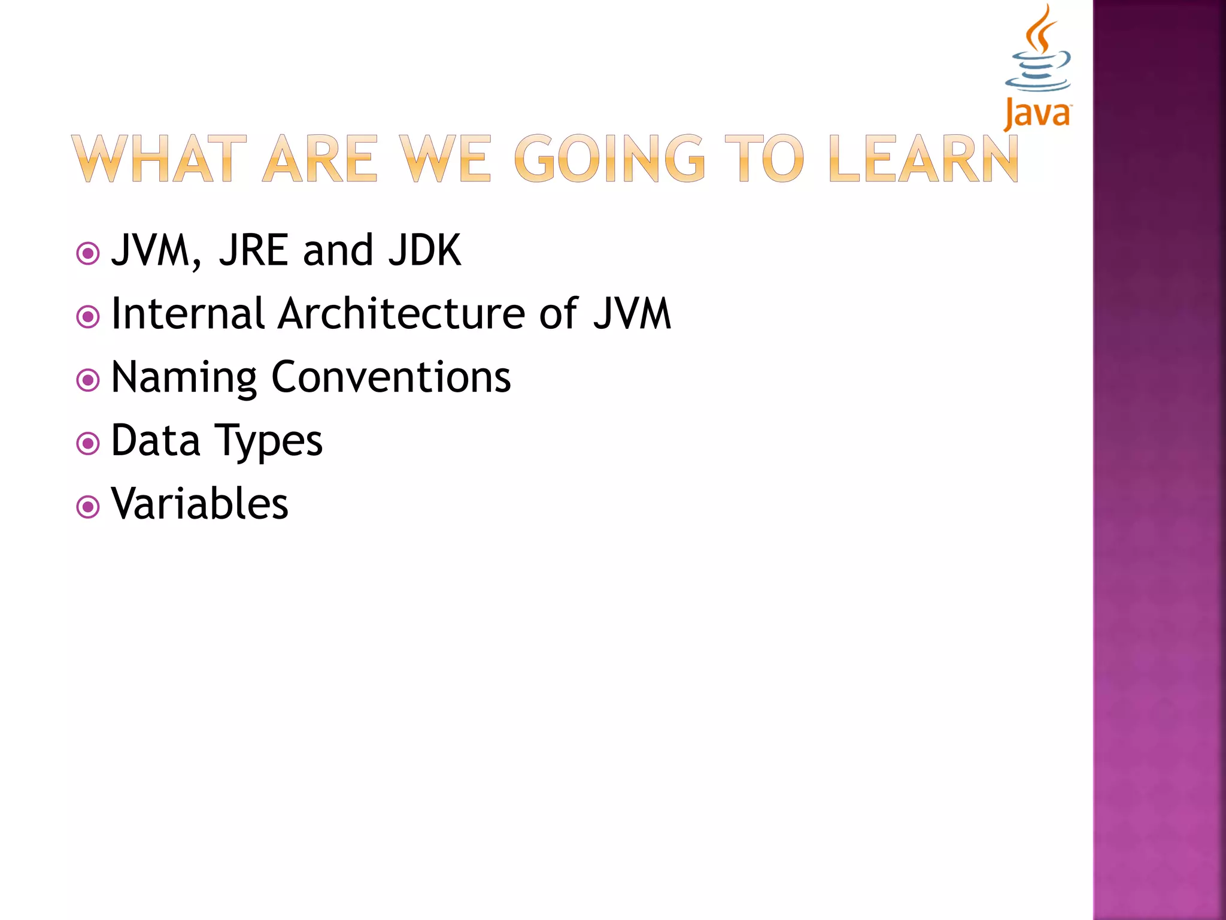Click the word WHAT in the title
coord(159,159)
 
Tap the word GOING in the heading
coord(609,159)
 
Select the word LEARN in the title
coord(923,159)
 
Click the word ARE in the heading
coord(320,159)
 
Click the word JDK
coord(424,250)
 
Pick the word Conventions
coord(391,377)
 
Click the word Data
coord(156,440)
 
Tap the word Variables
coord(200,504)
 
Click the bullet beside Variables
coord(88,507)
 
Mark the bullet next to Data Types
coord(88,444)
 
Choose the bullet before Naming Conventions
coord(88,380)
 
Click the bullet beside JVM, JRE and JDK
coord(88,253)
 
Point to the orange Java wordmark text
coord(1037,114)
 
